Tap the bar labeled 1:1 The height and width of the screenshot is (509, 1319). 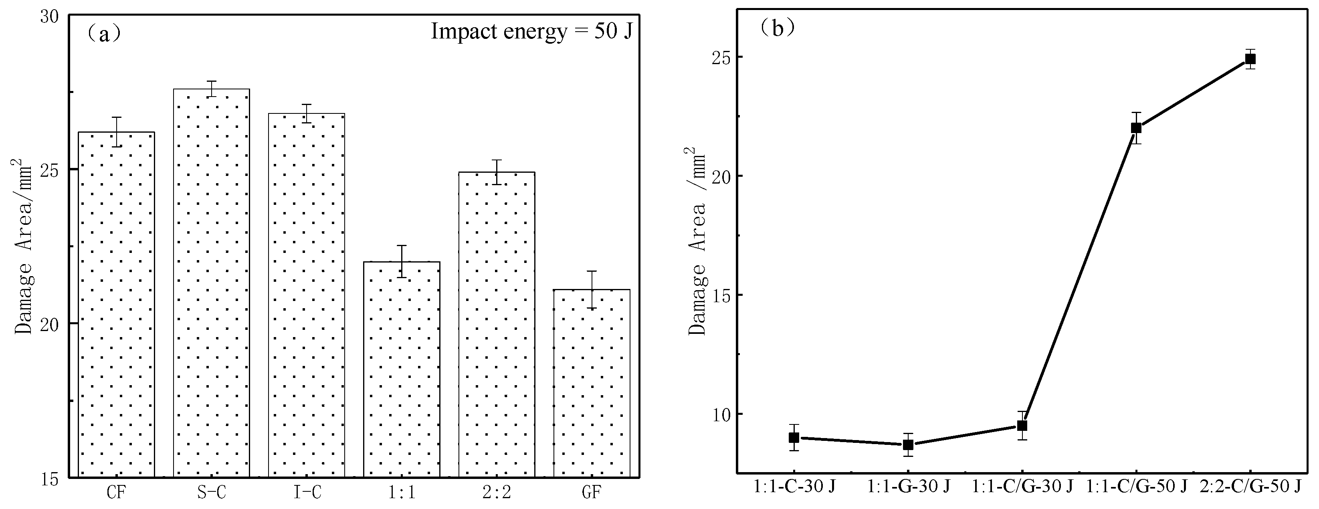pos(402,369)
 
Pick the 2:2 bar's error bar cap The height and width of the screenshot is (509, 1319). pos(497,160)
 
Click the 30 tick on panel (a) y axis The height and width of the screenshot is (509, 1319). pos(50,16)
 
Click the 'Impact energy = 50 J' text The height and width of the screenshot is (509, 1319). pos(531,32)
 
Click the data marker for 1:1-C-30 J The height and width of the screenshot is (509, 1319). pos(794,438)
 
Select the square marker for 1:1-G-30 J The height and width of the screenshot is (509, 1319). pos(908,444)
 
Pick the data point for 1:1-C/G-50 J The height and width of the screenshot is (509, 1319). pos(1136,127)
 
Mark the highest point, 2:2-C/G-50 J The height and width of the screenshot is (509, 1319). pos(1250,59)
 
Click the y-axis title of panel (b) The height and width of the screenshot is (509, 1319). pos(696,241)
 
